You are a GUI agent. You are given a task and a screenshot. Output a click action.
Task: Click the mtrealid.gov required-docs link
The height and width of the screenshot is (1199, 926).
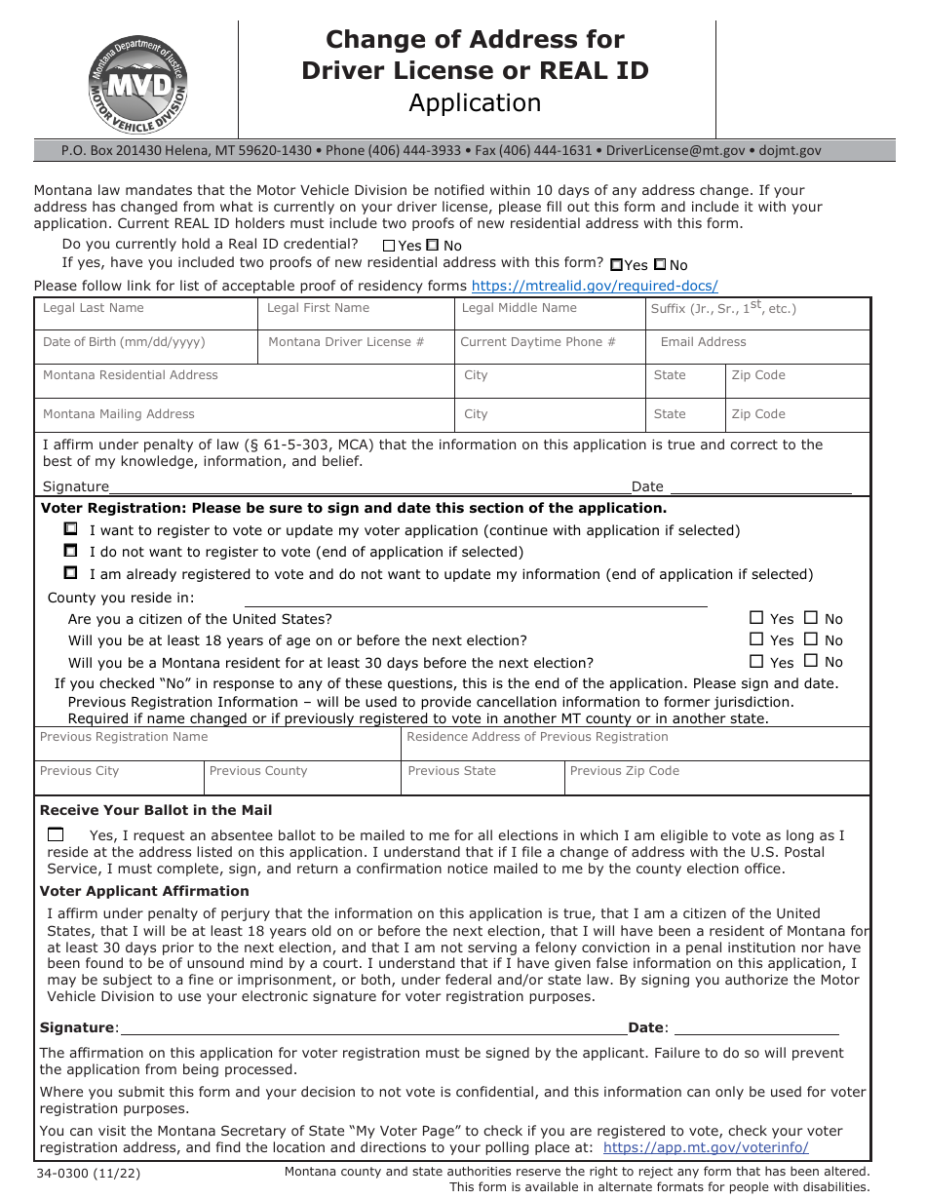pyautogui.click(x=595, y=286)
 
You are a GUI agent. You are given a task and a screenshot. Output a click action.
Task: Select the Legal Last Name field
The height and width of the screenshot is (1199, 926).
pyautogui.click(x=146, y=314)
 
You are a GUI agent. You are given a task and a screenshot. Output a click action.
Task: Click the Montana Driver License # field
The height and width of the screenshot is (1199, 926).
pyautogui.click(x=357, y=348)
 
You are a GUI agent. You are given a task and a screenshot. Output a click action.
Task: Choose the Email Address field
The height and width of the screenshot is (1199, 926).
pyautogui.click(x=757, y=348)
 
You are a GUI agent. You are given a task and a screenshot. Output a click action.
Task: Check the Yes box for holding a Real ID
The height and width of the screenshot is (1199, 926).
pyautogui.click(x=389, y=247)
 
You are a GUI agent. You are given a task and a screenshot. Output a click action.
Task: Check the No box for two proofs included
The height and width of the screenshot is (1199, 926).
pyautogui.click(x=660, y=264)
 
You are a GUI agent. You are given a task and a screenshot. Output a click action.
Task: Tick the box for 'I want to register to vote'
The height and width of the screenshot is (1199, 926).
pyautogui.click(x=70, y=529)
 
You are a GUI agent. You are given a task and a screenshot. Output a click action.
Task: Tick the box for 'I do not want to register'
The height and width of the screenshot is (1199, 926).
pyautogui.click(x=70, y=551)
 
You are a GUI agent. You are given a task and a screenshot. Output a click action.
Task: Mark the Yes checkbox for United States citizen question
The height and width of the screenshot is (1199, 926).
pyautogui.click(x=756, y=618)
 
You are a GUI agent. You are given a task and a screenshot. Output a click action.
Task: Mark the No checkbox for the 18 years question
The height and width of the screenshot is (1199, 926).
pyautogui.click(x=811, y=639)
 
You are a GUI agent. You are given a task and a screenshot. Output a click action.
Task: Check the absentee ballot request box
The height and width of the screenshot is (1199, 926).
pyautogui.click(x=56, y=834)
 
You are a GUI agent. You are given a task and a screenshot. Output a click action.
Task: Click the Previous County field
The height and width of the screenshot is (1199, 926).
pyautogui.click(x=302, y=778)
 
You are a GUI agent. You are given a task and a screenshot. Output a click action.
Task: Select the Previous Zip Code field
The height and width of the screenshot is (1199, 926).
pyautogui.click(x=716, y=778)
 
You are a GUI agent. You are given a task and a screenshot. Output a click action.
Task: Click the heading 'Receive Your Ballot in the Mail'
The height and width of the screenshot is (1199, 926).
pyautogui.click(x=156, y=810)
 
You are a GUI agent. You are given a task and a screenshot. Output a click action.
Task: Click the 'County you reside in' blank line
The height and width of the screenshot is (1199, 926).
pyautogui.click(x=475, y=599)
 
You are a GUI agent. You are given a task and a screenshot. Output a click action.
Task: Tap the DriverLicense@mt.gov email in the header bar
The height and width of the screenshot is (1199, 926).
pyautogui.click(x=675, y=151)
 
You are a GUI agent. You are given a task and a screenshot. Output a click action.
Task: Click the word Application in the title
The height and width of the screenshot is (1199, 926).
pyautogui.click(x=475, y=103)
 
